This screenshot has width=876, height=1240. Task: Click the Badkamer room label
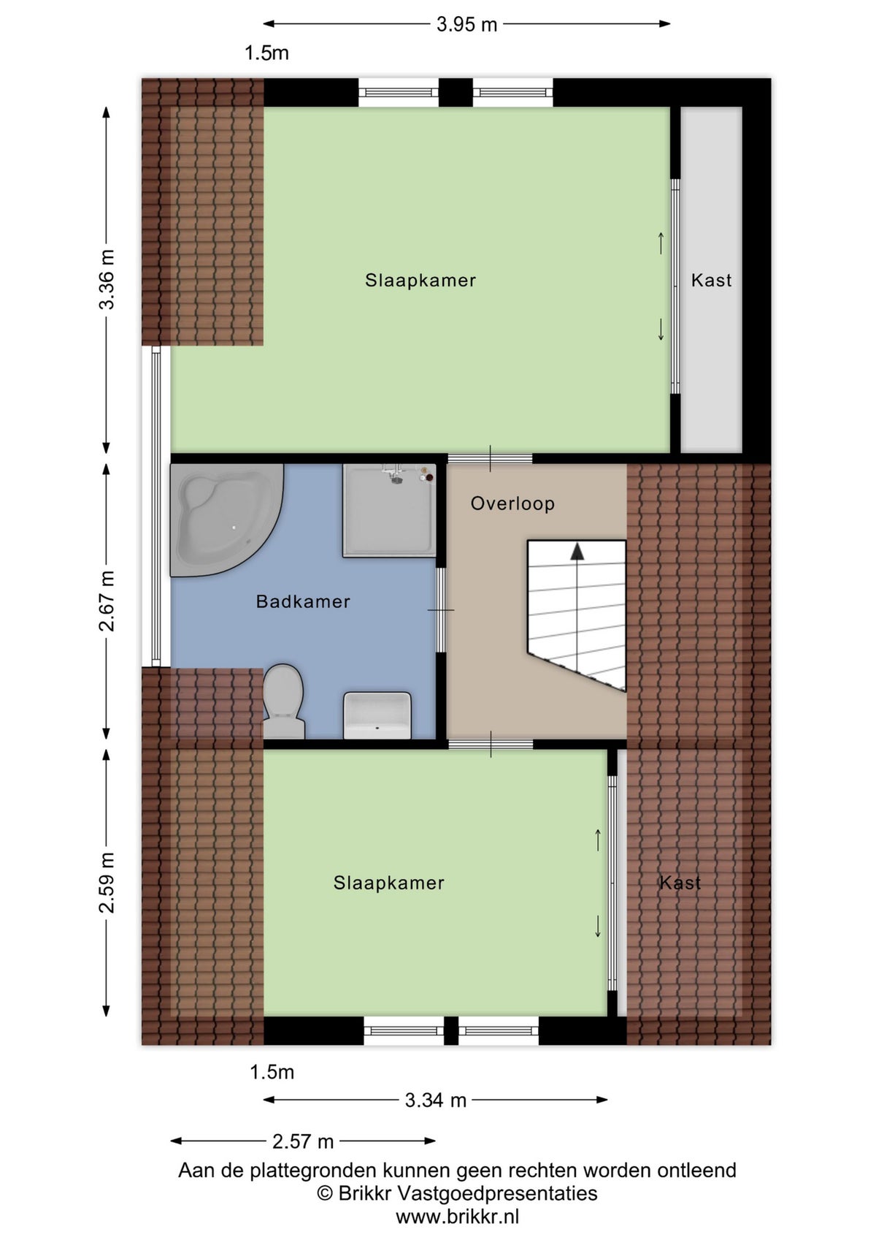(303, 601)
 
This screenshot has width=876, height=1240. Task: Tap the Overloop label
(512, 503)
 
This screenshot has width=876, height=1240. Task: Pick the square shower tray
(389, 511)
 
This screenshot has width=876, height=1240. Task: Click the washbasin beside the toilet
(377, 715)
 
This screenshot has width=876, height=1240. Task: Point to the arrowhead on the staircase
(577, 552)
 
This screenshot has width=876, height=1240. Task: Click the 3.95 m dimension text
(466, 24)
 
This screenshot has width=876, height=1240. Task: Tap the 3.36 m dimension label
(107, 279)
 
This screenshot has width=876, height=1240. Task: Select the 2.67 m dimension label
(107, 601)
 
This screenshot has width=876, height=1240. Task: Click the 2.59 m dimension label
(107, 882)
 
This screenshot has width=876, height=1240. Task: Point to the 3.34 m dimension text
(435, 1100)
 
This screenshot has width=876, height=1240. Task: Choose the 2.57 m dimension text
(303, 1141)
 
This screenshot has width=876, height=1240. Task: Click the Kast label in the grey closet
(711, 281)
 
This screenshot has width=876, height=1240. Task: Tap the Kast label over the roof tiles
(680, 883)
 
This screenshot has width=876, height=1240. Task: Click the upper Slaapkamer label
(420, 281)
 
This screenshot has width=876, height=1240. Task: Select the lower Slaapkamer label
(388, 883)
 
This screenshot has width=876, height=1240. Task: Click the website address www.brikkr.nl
(457, 1217)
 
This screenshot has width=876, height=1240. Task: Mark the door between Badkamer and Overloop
(441, 610)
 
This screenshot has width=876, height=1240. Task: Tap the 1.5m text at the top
(266, 53)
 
